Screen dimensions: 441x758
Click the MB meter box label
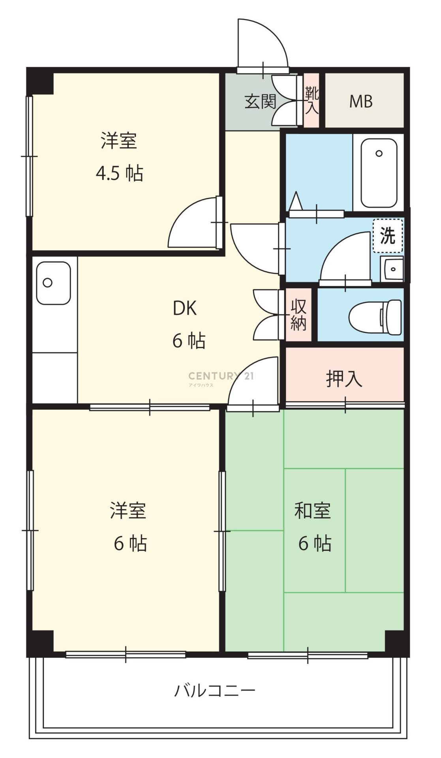tap(361, 101)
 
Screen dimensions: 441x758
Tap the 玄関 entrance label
tap(261, 102)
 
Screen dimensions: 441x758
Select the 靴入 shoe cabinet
tap(312, 100)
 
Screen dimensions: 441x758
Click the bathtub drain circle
tap(379, 153)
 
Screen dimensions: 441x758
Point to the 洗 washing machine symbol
tap(388, 236)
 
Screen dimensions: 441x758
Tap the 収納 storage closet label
tap(299, 314)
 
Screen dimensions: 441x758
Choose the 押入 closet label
tap(344, 379)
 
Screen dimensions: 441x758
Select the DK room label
tap(185, 308)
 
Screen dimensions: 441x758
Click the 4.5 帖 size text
tap(120, 173)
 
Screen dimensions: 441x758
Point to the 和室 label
tap(312, 511)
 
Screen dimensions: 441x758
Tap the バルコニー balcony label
tap(215, 690)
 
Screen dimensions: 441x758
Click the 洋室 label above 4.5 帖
tap(119, 141)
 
